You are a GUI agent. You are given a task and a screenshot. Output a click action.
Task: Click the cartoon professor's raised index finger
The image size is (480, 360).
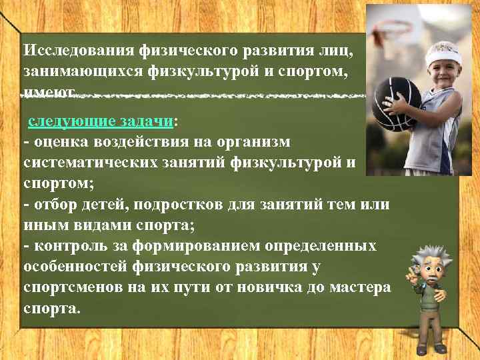[411, 272]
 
